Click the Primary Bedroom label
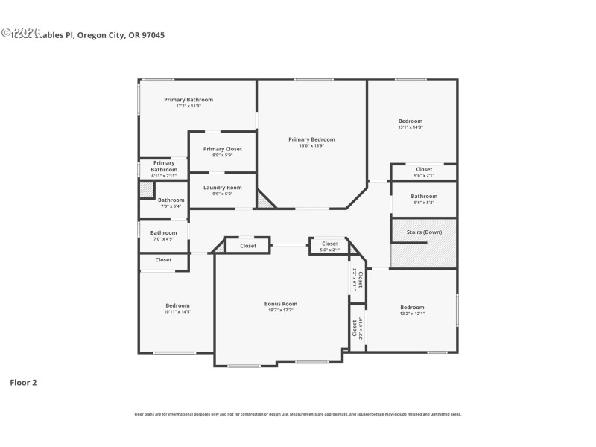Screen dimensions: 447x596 click(311, 139)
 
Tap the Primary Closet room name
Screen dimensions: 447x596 click(222, 149)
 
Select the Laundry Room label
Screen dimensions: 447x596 click(222, 188)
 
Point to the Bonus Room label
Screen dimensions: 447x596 click(281, 304)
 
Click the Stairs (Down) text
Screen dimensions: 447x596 click(424, 232)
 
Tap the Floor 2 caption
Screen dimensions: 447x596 click(23, 382)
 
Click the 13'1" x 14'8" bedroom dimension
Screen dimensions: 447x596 click(410, 127)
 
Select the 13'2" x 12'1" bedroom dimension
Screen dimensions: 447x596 click(412, 314)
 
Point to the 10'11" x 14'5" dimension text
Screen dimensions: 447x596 click(177, 312)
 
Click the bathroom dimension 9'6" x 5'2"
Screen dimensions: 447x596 click(424, 203)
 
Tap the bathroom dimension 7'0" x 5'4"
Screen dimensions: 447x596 click(171, 206)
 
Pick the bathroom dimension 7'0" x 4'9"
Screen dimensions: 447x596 click(163, 239)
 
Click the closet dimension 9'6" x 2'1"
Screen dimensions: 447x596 click(424, 176)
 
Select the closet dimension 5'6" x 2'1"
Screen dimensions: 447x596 click(329, 250)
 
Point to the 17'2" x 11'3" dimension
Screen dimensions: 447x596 click(188, 106)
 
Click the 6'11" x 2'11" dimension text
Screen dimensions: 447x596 click(164, 176)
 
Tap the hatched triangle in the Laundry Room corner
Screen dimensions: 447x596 click(264, 200)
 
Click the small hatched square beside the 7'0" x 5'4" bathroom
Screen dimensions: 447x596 click(146, 190)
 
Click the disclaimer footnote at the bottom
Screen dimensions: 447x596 click(297, 413)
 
